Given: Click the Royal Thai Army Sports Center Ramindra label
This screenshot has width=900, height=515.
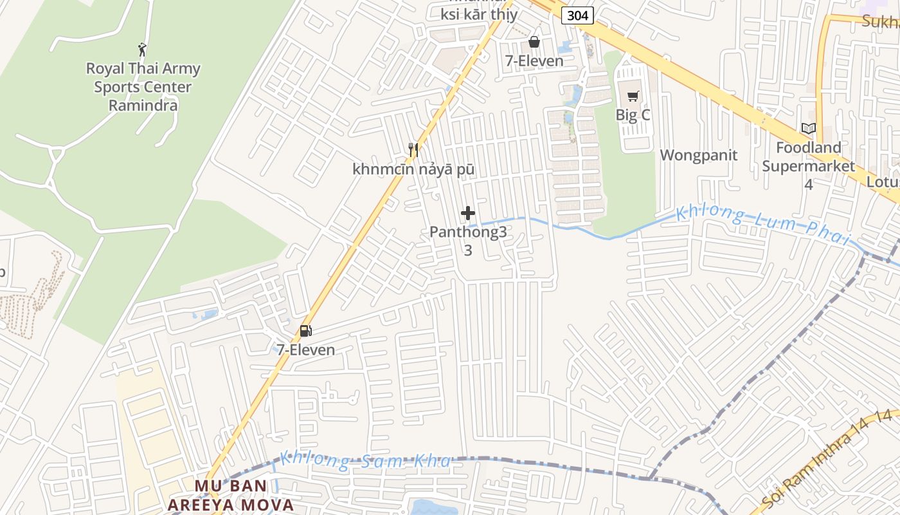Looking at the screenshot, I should pos(143,86).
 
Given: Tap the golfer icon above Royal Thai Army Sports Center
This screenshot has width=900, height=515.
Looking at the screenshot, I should pos(143,49).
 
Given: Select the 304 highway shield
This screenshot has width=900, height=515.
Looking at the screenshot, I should pos(577,15).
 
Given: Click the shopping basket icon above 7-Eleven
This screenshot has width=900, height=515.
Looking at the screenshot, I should pos(534,42).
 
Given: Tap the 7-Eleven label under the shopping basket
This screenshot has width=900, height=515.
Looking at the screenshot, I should pos(534,61).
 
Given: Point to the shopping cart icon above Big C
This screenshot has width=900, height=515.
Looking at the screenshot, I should pos(633,97).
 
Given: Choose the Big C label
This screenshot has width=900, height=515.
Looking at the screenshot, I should pos(633,115).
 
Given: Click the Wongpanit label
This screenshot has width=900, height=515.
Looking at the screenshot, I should pos(699,155).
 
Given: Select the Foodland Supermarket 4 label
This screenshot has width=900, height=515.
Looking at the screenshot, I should pos(809,166).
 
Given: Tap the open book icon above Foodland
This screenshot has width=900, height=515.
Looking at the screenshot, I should pos(809,129).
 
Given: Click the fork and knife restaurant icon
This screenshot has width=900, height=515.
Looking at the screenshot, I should pos(413,150).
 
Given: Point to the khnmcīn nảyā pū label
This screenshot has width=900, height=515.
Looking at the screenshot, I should pos(413,169).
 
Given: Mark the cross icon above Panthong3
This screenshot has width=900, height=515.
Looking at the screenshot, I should pos(468,213).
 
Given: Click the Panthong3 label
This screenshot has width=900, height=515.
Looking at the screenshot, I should pos(468,232).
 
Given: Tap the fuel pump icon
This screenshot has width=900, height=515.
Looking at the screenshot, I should pos(306,331).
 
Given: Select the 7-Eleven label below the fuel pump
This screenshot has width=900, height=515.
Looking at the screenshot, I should pos(306,350).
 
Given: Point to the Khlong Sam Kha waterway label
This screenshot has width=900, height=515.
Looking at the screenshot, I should pos(364,461).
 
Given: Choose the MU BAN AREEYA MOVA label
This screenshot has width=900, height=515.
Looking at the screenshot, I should pos(231,495).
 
